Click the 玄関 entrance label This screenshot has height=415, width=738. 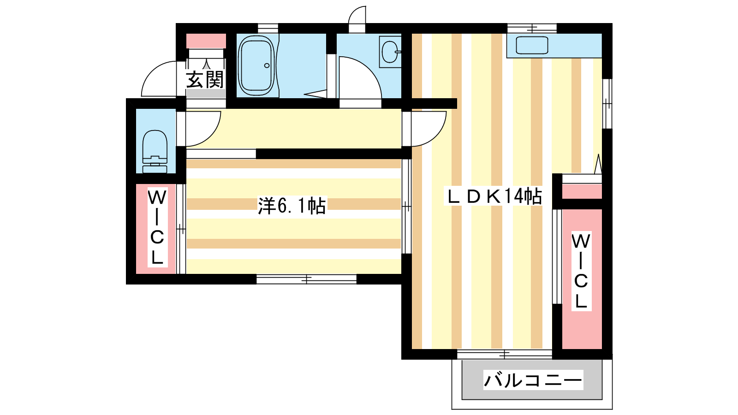pyautogui.click(x=205, y=80)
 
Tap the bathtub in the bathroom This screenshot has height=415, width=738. pyautogui.click(x=256, y=65)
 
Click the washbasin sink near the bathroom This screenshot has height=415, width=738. pyautogui.click(x=391, y=52)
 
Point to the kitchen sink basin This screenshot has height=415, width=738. pyautogui.click(x=532, y=45)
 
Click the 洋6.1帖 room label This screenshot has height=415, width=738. pyautogui.click(x=292, y=206)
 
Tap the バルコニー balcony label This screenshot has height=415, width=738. pyautogui.click(x=533, y=380)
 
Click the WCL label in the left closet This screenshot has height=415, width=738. pyautogui.click(x=157, y=227)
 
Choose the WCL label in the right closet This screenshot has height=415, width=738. pyautogui.click(x=581, y=271)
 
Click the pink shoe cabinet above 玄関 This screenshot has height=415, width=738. pyautogui.click(x=206, y=41)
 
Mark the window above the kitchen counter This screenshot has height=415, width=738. pyautogui.click(x=532, y=28)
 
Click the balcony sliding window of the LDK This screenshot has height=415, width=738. pyautogui.click(x=505, y=355)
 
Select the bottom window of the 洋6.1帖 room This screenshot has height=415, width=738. pyautogui.click(x=306, y=279)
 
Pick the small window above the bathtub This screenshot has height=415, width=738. pyautogui.click(x=268, y=28)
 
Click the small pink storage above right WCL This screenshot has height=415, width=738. pyautogui.click(x=582, y=191)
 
